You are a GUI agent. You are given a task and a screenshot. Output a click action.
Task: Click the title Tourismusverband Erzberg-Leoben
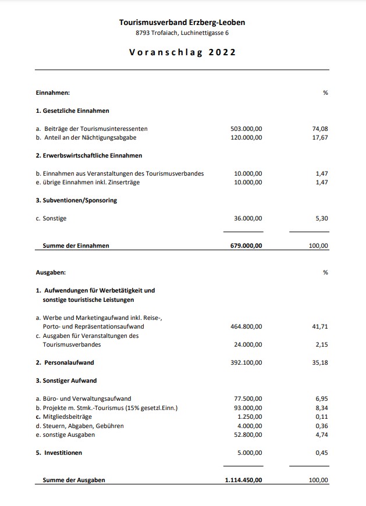coord(182,22)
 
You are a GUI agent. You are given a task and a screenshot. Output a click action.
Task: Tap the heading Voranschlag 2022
coord(182,52)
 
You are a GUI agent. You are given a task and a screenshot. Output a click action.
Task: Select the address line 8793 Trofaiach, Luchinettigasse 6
coord(182,33)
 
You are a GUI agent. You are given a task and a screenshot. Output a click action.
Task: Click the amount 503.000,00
coord(246,129)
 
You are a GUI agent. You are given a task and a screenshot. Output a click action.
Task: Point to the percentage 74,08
coord(320,129)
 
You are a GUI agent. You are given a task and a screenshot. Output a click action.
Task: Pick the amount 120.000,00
coord(246,138)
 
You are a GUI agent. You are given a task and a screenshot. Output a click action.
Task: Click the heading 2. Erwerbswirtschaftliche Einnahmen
coord(89,155)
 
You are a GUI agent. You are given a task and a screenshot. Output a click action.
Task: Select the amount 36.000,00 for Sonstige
coord(248,218)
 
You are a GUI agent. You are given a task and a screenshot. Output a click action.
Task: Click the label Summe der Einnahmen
coord(76,245)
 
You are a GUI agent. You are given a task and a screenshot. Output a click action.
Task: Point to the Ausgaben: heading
coord(51,272)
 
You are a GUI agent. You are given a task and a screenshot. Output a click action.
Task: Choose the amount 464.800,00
coord(246,326)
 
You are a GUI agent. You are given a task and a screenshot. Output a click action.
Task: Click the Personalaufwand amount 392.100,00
coord(246,362)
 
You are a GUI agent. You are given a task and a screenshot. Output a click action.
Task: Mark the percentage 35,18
coord(320,362)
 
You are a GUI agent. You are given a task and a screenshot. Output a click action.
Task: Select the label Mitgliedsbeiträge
coord(66,417)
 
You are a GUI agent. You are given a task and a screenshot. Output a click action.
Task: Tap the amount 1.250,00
coord(250,417)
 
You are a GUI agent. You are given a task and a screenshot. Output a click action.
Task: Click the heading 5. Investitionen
coord(59,452)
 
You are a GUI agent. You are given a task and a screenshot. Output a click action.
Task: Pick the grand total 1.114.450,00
coord(243,480)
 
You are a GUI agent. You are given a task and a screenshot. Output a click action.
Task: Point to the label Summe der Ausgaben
coord(74,480)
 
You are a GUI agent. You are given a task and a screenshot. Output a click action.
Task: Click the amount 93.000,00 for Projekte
coord(248,408)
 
